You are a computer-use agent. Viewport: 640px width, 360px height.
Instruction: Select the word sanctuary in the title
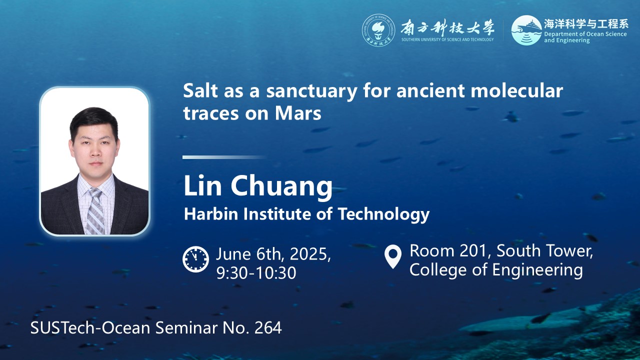[x=311, y=91]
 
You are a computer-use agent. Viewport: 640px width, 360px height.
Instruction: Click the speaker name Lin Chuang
[x=258, y=186]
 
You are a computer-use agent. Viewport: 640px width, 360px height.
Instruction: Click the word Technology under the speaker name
[x=383, y=214]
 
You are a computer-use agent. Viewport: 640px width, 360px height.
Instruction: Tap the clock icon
[x=195, y=259]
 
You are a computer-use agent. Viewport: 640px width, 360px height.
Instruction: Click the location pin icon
[x=393, y=256]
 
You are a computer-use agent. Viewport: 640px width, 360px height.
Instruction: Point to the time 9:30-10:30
[x=256, y=272]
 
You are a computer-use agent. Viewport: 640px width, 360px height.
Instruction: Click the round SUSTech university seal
[x=378, y=30]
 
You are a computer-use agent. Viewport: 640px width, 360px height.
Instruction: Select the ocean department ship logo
[x=526, y=30]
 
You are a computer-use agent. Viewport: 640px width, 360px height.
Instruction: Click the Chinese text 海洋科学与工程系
[x=586, y=24]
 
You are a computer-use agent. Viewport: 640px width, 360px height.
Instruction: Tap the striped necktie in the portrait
[x=95, y=211]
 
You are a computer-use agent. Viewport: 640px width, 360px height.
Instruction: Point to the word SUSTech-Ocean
[x=90, y=327]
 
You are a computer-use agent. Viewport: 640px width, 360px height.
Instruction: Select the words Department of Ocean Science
[x=585, y=34]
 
